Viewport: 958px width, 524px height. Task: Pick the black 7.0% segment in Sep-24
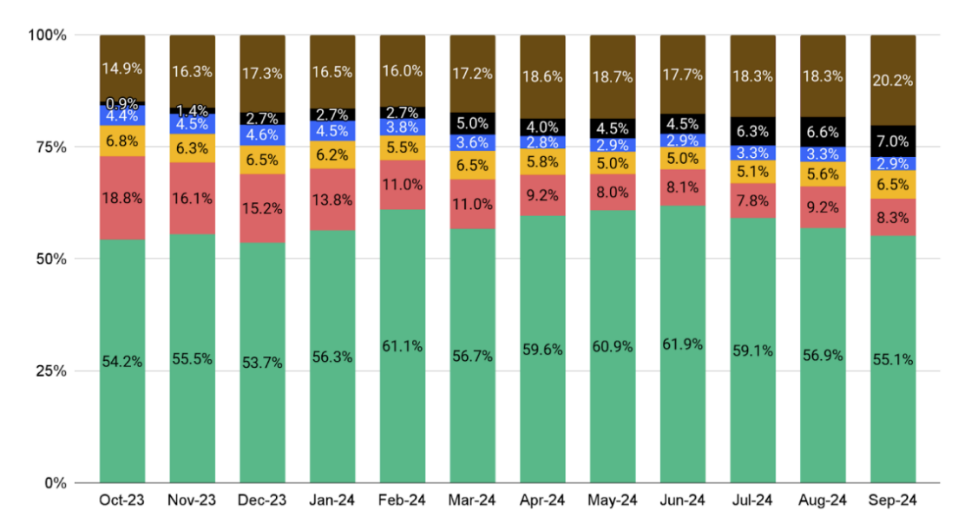click(x=892, y=141)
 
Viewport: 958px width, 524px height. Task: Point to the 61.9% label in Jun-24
click(x=682, y=344)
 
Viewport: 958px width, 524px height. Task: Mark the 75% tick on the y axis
click(x=49, y=147)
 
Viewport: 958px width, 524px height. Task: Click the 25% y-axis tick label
click(x=49, y=370)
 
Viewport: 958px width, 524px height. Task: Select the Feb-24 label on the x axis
click(x=402, y=501)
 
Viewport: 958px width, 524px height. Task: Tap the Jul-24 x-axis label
click(x=752, y=501)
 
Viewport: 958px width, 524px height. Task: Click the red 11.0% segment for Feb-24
click(x=402, y=184)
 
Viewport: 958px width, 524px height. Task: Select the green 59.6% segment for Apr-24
click(x=542, y=350)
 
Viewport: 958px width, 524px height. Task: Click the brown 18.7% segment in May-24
click(x=613, y=76)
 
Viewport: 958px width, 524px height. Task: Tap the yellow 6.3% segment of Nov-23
click(x=193, y=148)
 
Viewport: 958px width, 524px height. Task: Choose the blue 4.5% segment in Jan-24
click(x=332, y=132)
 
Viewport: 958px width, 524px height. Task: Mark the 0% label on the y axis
click(x=54, y=482)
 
